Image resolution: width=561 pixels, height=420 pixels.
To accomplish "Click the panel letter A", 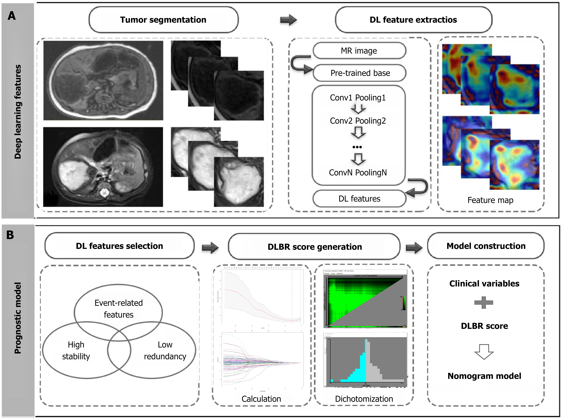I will tap(12, 16).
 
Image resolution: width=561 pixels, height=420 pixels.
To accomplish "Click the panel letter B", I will tap(10, 235).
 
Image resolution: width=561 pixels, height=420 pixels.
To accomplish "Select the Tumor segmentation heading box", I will tap(163, 20).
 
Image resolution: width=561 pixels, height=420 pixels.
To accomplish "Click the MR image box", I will tap(359, 51).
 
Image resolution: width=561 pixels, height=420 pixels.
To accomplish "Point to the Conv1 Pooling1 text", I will tap(358, 98).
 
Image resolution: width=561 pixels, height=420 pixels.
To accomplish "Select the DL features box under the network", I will tap(359, 199).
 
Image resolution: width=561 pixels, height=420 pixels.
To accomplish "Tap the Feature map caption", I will tap(490, 200).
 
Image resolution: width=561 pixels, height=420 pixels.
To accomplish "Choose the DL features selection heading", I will tap(119, 246).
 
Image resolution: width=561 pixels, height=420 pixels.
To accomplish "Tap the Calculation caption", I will tap(261, 399).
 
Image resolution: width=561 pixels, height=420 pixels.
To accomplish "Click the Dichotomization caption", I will tap(364, 399).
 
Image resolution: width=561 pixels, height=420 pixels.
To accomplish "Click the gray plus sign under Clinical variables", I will tap(484, 302).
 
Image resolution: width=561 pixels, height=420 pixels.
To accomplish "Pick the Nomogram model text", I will tap(484, 376).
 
